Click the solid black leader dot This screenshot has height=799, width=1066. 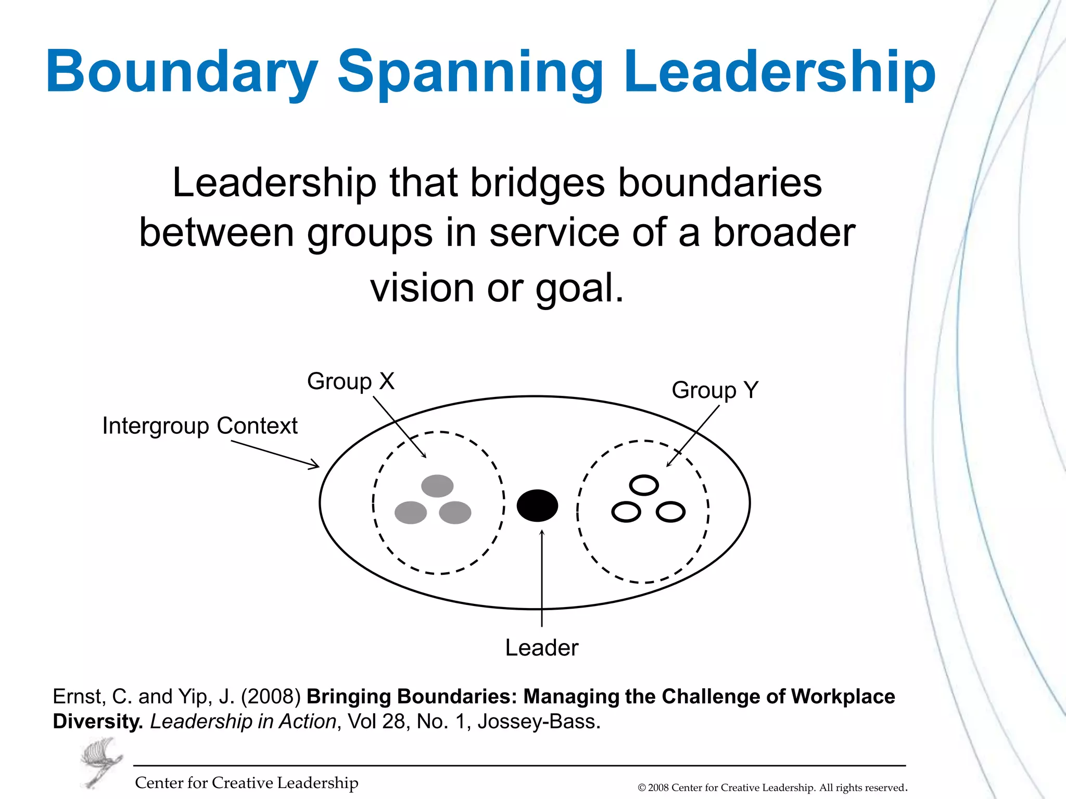537,505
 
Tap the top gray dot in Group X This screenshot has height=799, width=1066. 437,486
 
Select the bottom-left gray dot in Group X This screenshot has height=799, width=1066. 411,512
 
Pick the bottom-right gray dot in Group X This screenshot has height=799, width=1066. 455,512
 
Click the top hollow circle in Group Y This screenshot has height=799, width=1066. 644,485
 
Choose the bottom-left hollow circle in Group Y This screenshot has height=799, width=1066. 626,512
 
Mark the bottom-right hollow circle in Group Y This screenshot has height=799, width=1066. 670,512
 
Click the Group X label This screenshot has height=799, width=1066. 350,381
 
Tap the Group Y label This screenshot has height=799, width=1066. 715,390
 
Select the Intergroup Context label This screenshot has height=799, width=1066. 200,426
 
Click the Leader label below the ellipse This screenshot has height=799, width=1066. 541,648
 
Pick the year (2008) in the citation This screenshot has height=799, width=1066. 271,697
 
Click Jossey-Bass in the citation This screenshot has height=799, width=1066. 539,721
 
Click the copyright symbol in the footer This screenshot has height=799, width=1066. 642,788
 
